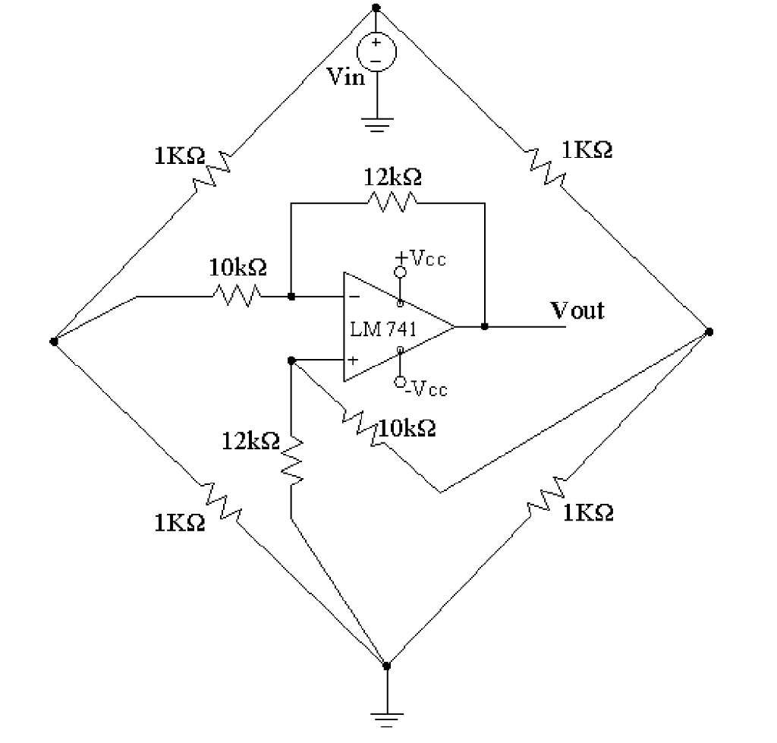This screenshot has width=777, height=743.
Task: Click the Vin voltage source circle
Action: pos(376,52)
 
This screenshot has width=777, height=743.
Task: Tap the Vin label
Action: pos(346,77)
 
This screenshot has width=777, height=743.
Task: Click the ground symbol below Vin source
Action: pos(376,124)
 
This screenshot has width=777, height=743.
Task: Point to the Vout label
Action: pos(577,310)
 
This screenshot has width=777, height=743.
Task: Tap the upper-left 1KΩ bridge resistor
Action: pos(213,169)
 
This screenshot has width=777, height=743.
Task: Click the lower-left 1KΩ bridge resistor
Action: pos(221,500)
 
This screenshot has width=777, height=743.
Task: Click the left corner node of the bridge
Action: pos(53,342)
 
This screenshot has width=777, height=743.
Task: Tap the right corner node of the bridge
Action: pos(709,332)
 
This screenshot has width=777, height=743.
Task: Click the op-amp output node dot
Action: pos(484,326)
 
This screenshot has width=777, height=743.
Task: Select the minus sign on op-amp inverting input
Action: pos(354,297)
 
